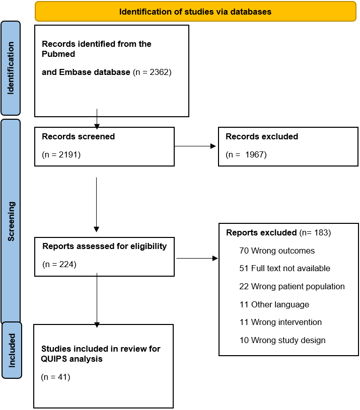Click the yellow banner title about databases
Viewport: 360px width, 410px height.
click(195, 12)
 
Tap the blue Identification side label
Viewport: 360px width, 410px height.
click(11, 68)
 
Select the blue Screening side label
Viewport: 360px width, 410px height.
click(11, 221)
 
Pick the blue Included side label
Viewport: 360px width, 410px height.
click(12, 350)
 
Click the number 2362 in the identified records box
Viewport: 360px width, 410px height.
click(159, 72)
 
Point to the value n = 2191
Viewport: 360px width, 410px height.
click(61, 154)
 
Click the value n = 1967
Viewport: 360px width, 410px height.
click(246, 154)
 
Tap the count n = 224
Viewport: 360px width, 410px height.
click(59, 264)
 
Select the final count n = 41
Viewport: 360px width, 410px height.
click(56, 377)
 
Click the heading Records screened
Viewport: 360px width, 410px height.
click(78, 136)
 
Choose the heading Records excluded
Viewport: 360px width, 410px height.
click(262, 136)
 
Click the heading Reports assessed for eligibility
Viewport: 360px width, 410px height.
click(105, 247)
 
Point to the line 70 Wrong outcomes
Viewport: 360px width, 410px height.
click(277, 251)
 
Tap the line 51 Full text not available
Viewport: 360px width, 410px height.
click(284, 268)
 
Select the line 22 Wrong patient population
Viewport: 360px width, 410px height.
click(292, 287)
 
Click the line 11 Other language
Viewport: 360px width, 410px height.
click(274, 305)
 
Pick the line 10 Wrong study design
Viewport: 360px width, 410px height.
click(282, 340)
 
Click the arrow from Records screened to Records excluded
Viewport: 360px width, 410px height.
click(195, 146)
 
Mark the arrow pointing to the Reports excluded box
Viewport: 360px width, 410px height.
click(197, 259)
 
